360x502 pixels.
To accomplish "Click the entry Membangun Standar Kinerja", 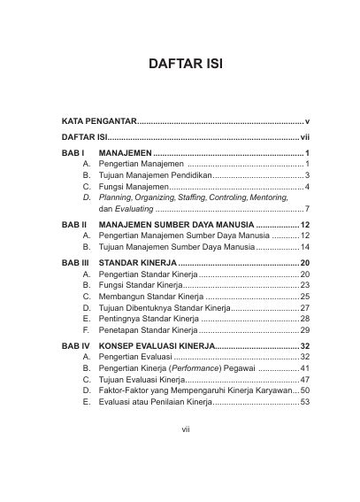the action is [x=152, y=296].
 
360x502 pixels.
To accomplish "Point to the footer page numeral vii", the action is [x=180, y=454].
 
